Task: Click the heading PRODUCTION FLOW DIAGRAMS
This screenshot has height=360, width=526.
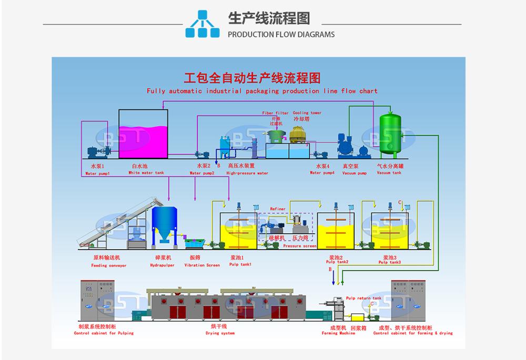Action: [x=281, y=35]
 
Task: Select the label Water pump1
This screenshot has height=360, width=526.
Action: [x=97, y=173]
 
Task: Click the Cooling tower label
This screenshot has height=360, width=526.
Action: [x=307, y=113]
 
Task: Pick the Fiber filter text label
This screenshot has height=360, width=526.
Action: [x=276, y=113]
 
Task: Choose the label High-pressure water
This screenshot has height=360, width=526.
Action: [x=247, y=173]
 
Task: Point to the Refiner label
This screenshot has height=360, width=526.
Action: [x=277, y=209]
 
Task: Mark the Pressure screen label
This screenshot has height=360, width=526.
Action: [x=300, y=246]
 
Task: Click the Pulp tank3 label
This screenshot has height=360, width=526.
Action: [x=389, y=262]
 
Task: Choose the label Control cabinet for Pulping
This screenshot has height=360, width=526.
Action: [x=104, y=333]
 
